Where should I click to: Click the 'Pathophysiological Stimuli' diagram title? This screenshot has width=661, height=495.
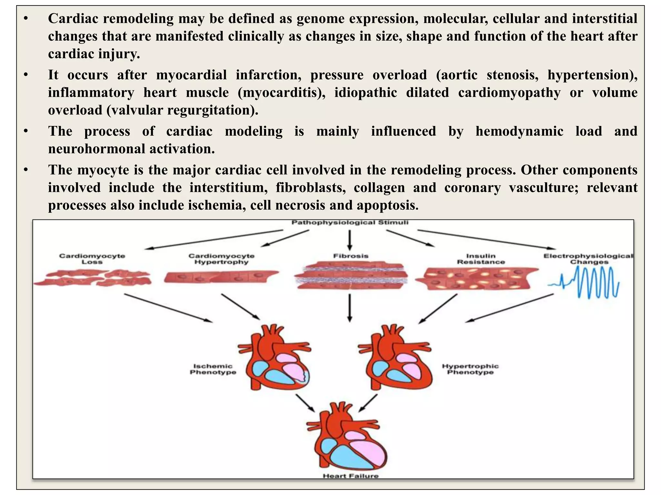[350, 223]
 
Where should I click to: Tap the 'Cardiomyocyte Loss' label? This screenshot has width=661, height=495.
[92, 259]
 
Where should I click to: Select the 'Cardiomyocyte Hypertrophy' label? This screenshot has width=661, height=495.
[221, 259]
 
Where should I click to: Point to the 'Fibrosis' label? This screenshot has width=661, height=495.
[351, 256]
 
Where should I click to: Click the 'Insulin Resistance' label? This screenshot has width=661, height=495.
[481, 259]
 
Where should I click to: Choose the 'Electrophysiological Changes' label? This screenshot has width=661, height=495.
[588, 259]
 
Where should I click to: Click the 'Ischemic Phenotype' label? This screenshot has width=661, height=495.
[213, 369]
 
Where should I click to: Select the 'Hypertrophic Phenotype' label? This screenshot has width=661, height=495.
[470, 369]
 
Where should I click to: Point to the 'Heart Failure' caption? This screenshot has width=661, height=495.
[351, 476]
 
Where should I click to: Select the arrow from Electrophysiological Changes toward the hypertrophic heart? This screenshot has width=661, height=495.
[510, 308]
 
